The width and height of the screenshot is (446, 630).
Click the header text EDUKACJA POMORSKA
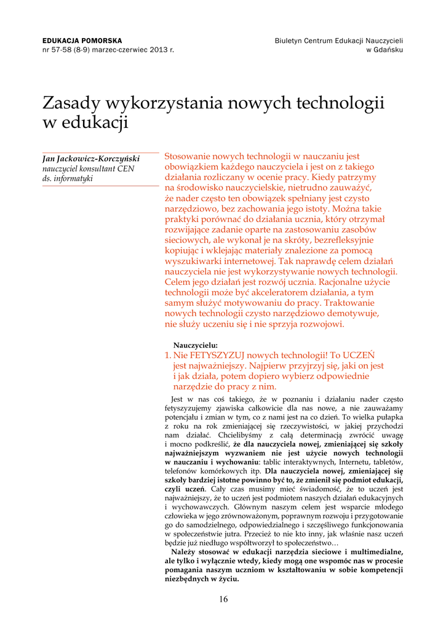pyautogui.click(x=82, y=41)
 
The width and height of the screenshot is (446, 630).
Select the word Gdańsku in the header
pyautogui.click(x=388, y=50)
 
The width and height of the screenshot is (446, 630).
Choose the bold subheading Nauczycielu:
pyautogui.click(x=196, y=345)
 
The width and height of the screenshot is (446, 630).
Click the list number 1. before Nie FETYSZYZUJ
pyautogui.click(x=167, y=355)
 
